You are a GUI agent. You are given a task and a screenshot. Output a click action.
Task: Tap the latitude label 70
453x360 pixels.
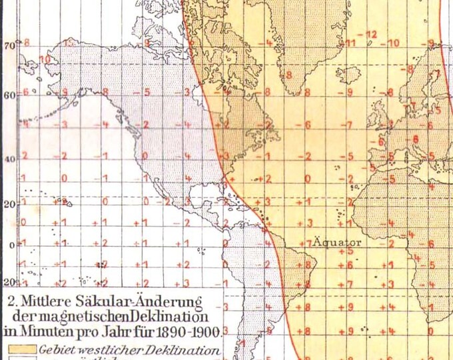[9, 46]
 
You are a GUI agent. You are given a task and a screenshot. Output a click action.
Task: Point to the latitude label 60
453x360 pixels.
[9, 95]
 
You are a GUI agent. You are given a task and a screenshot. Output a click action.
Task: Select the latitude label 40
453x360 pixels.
[9, 159]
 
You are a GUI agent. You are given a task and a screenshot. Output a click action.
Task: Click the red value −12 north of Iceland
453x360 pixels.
[370, 35]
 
